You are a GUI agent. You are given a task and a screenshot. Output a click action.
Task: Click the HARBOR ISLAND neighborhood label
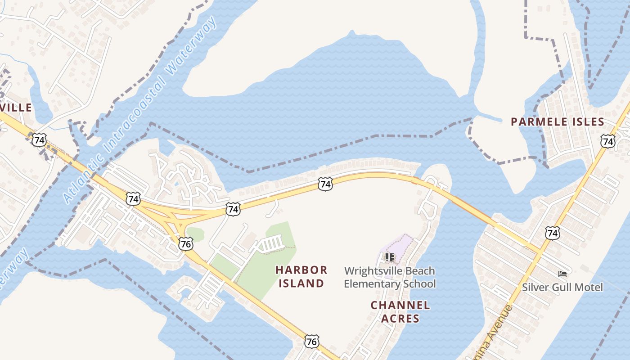301,276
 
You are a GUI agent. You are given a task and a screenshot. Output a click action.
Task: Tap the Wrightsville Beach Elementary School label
390,277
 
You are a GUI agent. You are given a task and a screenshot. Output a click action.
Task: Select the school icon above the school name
390,257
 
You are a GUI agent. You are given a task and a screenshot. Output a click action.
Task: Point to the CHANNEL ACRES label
400,312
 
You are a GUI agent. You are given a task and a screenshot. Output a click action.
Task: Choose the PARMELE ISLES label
558,121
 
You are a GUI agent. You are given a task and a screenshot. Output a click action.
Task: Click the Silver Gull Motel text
562,287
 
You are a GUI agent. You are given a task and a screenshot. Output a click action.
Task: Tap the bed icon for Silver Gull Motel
562,273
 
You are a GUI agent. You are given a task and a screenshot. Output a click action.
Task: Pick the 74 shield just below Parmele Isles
608,141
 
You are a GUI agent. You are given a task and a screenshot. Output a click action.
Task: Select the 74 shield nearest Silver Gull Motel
552,233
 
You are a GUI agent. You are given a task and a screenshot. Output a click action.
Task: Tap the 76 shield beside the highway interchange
185,243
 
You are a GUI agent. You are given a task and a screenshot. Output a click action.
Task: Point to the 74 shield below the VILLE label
39,140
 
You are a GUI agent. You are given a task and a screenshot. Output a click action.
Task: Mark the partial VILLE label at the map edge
16,108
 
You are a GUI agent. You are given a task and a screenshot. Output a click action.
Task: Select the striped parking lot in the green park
271,244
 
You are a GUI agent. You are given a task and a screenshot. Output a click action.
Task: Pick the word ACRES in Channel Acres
400,319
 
